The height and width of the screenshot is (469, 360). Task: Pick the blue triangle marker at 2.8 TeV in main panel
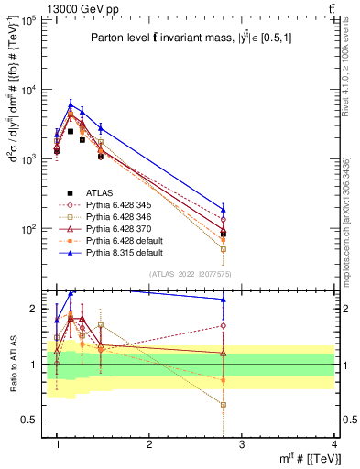[x=224, y=209]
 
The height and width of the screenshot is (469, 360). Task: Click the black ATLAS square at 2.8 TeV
[x=224, y=234]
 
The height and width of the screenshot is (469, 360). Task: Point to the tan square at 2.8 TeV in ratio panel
[x=224, y=404]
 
